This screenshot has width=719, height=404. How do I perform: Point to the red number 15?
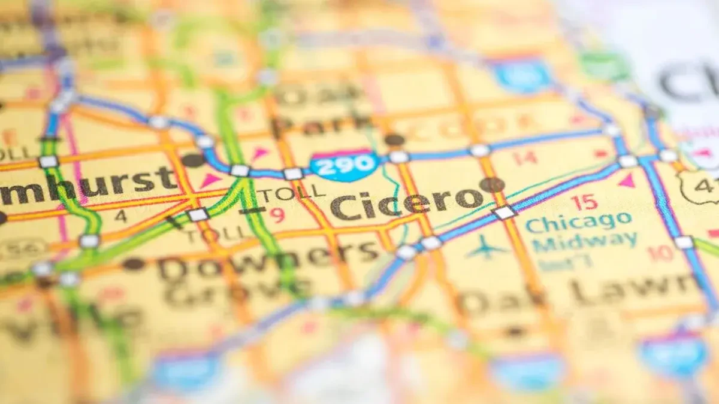pos(584,202)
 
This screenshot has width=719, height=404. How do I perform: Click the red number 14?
pos(524,157)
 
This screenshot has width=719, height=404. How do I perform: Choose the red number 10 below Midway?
pos(661,254)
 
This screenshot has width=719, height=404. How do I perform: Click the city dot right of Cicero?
pos(492,185)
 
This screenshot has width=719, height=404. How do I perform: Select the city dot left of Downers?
pos(133,263)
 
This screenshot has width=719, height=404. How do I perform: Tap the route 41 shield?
pos(701,187)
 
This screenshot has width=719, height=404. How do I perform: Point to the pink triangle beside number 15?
pos(627,180)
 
